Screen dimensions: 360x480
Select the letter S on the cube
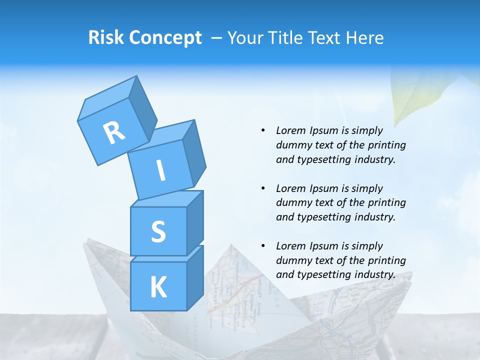pyautogui.click(x=158, y=232)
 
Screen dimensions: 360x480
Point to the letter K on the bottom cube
pyautogui.click(x=158, y=287)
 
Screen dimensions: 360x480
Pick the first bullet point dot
pyautogui.click(x=263, y=130)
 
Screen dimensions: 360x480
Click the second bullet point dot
pyautogui.click(x=263, y=188)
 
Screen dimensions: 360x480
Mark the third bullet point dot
pyautogui.click(x=263, y=246)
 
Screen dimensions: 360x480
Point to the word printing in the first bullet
pyautogui.click(x=386, y=145)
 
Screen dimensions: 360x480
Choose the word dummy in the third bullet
pyautogui.click(x=292, y=260)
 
